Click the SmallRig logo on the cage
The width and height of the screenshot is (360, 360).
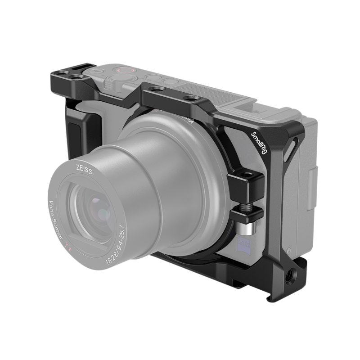(x=261, y=142)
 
